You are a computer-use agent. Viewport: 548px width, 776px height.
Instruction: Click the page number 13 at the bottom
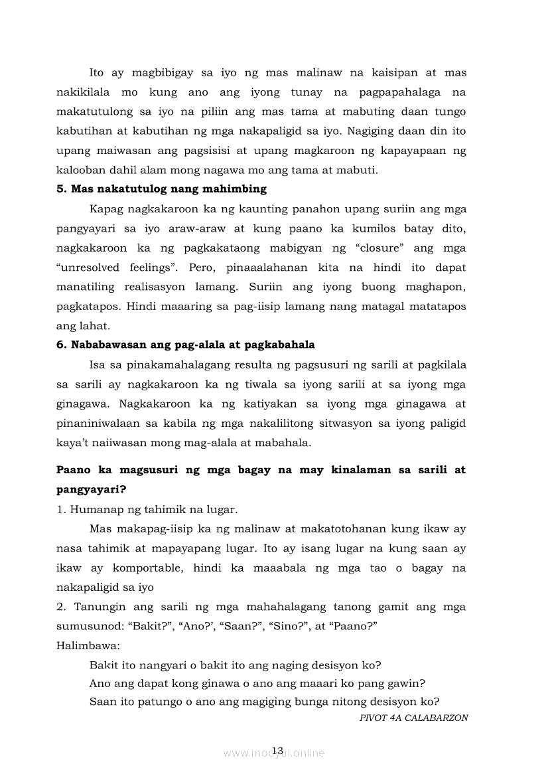pyautogui.click(x=277, y=751)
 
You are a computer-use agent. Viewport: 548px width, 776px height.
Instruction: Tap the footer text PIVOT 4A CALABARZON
pyautogui.click(x=413, y=718)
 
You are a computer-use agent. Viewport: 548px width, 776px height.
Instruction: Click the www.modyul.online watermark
pyautogui.click(x=274, y=753)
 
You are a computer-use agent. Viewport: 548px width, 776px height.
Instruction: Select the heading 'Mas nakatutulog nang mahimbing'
pyautogui.click(x=161, y=189)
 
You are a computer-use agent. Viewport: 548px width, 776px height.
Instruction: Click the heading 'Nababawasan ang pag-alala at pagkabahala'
pyautogui.click(x=185, y=345)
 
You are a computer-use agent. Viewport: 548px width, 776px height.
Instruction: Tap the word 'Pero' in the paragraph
pyautogui.click(x=203, y=268)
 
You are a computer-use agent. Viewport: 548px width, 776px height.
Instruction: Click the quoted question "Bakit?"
pyautogui.click(x=151, y=626)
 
